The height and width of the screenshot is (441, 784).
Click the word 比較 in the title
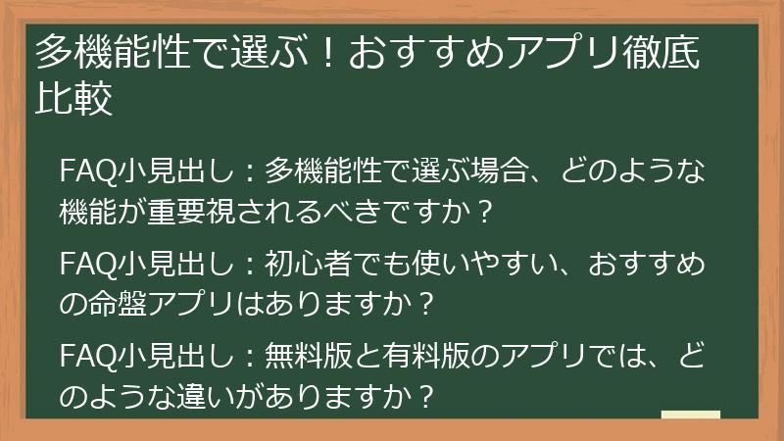click(73, 100)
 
